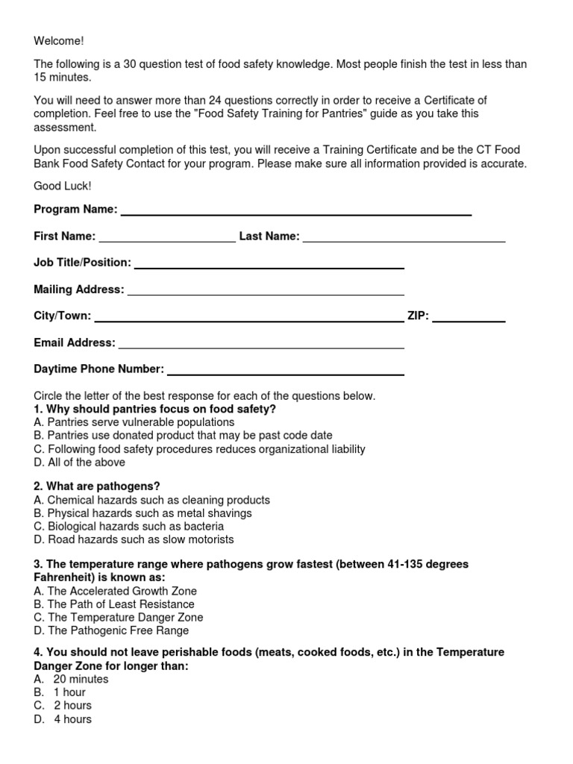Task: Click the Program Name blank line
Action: [295, 210]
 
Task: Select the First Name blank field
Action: [167, 237]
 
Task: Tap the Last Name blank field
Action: [404, 237]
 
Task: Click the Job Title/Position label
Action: [82, 263]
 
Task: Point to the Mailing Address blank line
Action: [266, 290]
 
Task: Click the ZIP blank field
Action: [469, 317]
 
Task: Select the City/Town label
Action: [63, 316]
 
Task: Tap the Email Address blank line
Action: [261, 344]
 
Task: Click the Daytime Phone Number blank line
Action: [286, 370]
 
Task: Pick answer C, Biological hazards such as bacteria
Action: [129, 527]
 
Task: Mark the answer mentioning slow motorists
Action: [134, 539]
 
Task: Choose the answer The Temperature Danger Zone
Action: [119, 618]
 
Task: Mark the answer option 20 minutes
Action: [72, 680]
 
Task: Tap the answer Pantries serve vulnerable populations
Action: [134, 422]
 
